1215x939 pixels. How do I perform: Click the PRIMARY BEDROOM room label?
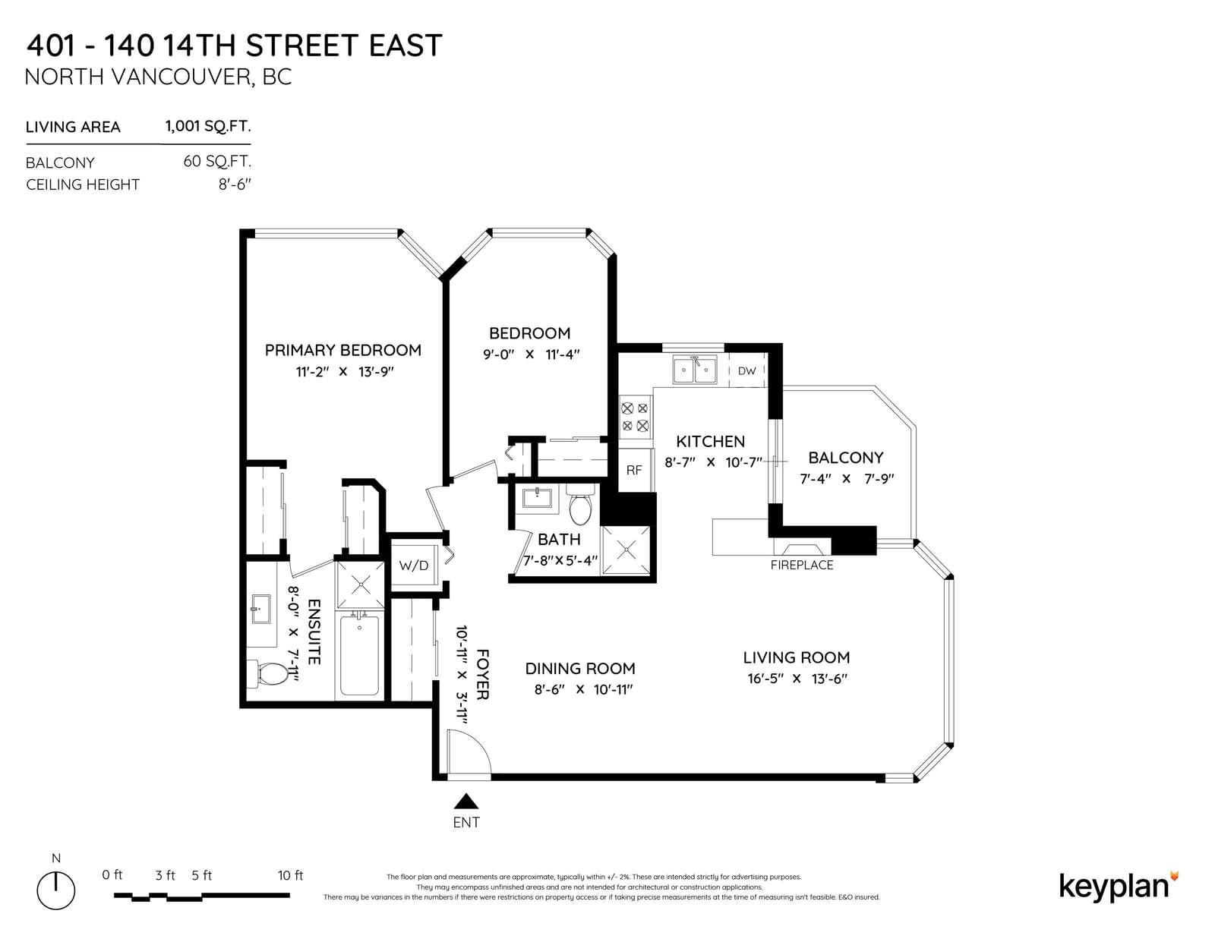(x=342, y=351)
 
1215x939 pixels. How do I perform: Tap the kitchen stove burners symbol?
(x=635, y=417)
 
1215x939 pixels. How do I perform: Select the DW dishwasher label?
(x=747, y=370)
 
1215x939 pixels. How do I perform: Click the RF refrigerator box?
(x=635, y=470)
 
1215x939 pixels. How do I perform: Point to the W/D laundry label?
(x=414, y=566)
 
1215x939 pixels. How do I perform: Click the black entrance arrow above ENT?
(x=465, y=802)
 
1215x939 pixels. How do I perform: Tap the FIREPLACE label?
(x=802, y=565)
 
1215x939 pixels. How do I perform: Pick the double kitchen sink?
(x=695, y=370)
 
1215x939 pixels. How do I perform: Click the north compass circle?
(x=56, y=890)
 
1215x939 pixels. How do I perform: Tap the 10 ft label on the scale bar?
(x=290, y=875)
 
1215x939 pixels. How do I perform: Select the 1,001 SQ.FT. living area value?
(x=208, y=126)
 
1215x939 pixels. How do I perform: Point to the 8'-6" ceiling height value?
(x=235, y=184)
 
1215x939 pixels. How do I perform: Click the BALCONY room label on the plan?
(x=846, y=458)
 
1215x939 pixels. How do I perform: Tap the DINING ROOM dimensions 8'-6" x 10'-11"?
(x=583, y=689)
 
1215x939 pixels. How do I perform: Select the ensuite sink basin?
(x=260, y=609)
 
